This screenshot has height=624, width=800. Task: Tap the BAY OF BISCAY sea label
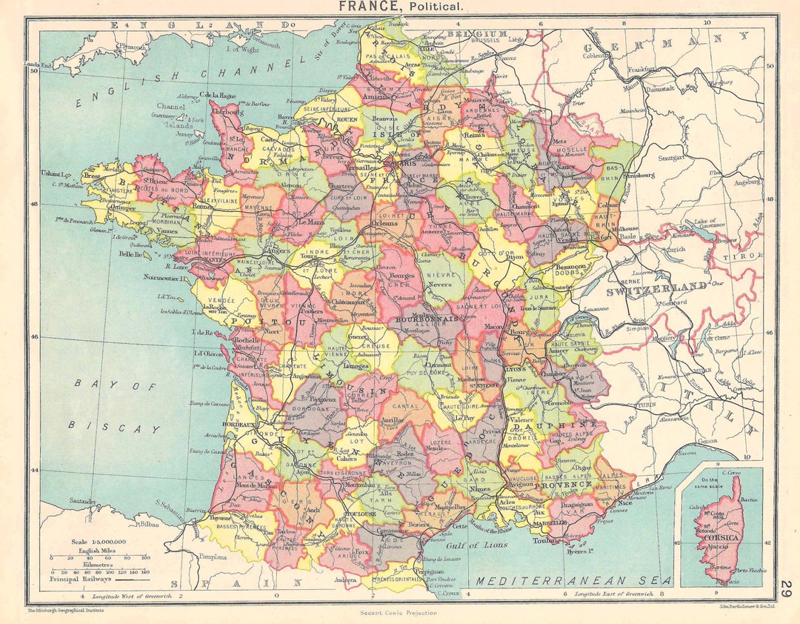point(116,406)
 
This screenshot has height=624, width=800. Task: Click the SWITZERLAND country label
point(656,286)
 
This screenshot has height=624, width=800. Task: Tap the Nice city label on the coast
point(624,501)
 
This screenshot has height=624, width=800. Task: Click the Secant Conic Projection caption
point(399,613)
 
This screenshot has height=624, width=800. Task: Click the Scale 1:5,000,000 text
point(99,542)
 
